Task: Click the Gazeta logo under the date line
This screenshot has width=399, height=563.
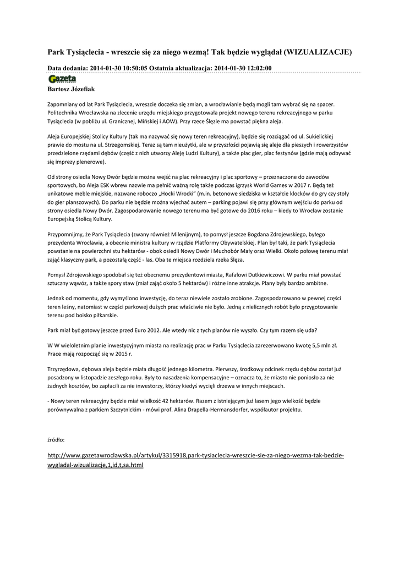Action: (62, 79)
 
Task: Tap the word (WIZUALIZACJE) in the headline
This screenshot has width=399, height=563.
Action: (318, 52)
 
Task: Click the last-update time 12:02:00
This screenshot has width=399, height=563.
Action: (255, 68)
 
